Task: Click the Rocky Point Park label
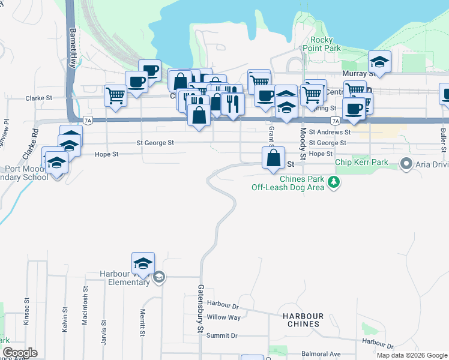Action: [318, 44]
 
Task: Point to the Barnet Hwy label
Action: [74, 49]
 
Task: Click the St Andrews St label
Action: [330, 132]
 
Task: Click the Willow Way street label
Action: [223, 317]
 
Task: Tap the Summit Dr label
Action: [222, 336]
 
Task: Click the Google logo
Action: [20, 353]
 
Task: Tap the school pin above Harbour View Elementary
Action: [143, 263]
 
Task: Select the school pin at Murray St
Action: [379, 61]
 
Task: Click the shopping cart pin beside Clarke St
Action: [115, 95]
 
